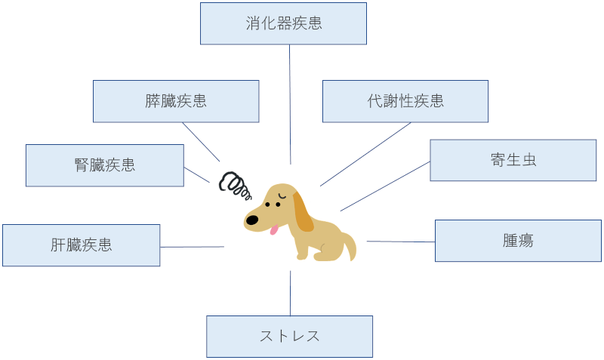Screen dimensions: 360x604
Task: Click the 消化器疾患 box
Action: [x=283, y=23]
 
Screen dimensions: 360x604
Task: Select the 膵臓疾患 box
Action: [x=176, y=101]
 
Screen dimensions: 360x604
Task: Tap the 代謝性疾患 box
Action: [x=405, y=101]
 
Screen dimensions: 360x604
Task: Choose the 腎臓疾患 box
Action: [x=105, y=165]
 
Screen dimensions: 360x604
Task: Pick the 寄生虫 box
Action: [x=513, y=160]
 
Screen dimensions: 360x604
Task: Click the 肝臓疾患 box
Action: [x=82, y=245]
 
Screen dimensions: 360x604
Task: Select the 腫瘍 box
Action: [x=518, y=241]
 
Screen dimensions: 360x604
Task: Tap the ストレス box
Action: [x=289, y=337]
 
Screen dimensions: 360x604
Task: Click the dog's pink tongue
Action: [x=275, y=229]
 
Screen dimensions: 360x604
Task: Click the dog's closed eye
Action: [x=280, y=198]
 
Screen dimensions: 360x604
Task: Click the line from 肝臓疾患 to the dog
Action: [x=192, y=247]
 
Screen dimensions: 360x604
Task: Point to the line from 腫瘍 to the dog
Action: [x=401, y=242]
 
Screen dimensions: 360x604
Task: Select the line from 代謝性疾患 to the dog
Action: [x=366, y=154]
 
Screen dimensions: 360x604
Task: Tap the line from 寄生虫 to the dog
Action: [x=385, y=186]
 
